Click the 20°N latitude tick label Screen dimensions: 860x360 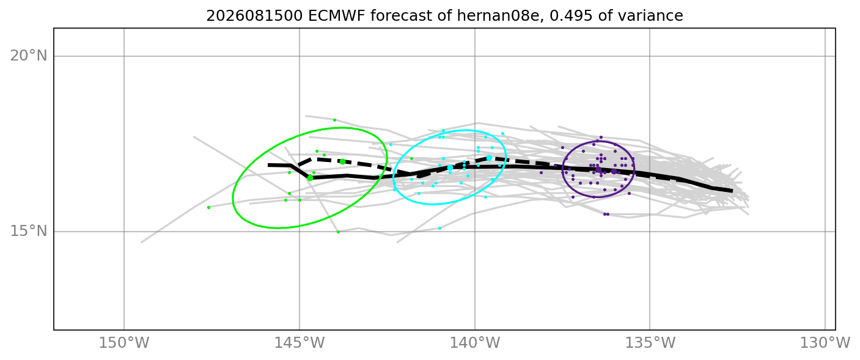[x=28, y=56]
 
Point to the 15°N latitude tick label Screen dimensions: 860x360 [x=28, y=232]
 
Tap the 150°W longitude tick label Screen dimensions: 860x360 [x=124, y=343]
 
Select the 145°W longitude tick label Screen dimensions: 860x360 [x=300, y=343]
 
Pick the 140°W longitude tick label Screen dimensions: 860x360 [x=475, y=343]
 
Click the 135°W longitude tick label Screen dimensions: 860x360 [x=650, y=343]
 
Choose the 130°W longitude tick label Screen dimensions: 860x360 [x=825, y=343]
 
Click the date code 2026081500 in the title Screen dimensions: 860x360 [x=254, y=16]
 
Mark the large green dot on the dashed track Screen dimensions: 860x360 [x=342, y=161]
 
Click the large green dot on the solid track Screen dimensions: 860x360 [x=311, y=178]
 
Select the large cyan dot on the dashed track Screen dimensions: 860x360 [x=489, y=158]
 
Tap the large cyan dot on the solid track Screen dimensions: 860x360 [x=450, y=167]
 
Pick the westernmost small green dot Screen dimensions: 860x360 [x=209, y=208]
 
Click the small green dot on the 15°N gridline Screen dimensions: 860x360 [x=338, y=232]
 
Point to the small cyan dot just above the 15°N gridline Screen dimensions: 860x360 [x=440, y=229]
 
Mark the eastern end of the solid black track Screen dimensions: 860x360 [x=732, y=190]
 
